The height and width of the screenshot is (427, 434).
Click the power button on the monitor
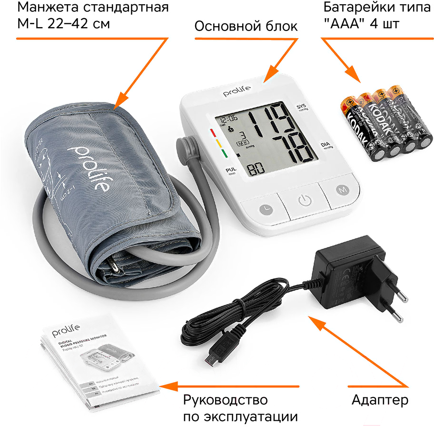[304, 200]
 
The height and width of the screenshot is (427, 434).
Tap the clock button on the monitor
[265, 208]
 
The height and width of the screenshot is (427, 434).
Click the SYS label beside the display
[300, 106]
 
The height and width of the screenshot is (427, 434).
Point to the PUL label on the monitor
[230, 169]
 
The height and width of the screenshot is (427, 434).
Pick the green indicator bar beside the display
[222, 153]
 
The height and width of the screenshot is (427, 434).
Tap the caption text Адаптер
[380, 399]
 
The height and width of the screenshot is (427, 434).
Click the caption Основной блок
[246, 27]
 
